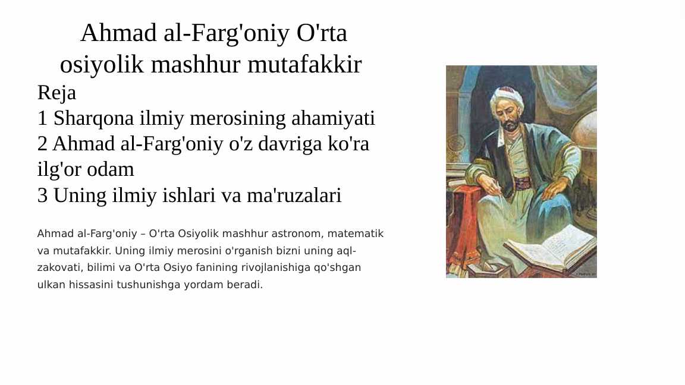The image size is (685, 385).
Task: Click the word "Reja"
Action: pyautogui.click(x=56, y=93)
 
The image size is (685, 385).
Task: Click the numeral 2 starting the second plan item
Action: pyautogui.click(x=42, y=144)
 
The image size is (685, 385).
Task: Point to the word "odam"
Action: pyautogui.click(x=110, y=169)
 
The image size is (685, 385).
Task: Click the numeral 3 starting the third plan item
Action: pyautogui.click(x=42, y=195)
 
